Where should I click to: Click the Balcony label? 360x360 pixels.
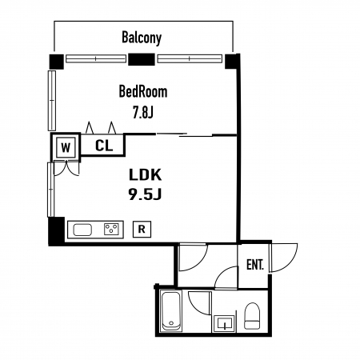click(x=142, y=38)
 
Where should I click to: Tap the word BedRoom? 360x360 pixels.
click(x=143, y=91)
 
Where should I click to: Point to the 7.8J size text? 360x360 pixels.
click(x=143, y=112)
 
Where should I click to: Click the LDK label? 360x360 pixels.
click(x=145, y=174)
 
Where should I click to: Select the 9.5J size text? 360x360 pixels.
click(x=145, y=194)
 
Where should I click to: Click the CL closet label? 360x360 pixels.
click(x=104, y=146)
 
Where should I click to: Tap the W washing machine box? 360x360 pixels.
click(x=66, y=147)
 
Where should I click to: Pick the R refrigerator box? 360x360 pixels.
click(x=142, y=229)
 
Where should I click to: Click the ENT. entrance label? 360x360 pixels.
click(x=255, y=265)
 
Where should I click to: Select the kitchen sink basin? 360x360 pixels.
click(x=82, y=230)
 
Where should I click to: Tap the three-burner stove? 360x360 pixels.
click(x=111, y=230)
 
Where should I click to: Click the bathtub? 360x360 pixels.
click(x=171, y=311)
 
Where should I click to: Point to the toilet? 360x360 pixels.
click(x=252, y=316)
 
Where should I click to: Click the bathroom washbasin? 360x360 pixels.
click(x=224, y=324)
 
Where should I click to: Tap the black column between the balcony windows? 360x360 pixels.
click(x=142, y=59)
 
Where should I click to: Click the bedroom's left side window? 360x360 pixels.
click(x=52, y=101)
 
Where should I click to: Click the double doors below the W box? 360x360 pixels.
click(x=66, y=168)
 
